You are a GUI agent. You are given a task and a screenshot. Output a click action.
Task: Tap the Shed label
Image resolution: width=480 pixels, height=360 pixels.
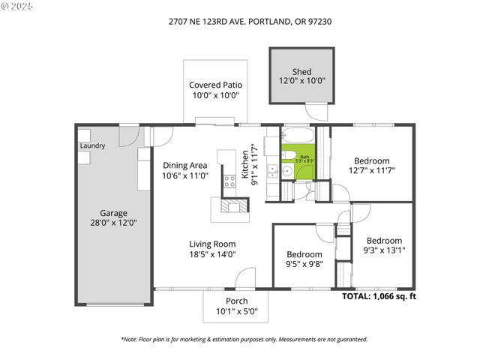[302, 72]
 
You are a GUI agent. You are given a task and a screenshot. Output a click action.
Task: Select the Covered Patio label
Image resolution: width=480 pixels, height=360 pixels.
[215, 85]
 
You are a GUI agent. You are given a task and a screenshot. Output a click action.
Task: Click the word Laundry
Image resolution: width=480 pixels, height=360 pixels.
[92, 145]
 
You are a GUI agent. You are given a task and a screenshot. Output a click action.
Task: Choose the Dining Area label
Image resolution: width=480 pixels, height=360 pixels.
[184, 166]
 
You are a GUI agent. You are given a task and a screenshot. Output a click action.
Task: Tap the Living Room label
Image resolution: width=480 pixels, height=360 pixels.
[212, 244]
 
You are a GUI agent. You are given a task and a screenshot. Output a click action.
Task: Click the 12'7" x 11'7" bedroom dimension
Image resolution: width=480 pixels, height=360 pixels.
[372, 170]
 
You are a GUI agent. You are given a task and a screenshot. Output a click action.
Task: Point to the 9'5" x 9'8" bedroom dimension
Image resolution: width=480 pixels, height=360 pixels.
[304, 263]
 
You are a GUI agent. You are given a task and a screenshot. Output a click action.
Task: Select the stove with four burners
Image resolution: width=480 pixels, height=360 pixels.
[229, 180]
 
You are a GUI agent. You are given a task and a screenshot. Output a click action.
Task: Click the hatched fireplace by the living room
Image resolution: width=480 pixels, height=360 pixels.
[235, 205]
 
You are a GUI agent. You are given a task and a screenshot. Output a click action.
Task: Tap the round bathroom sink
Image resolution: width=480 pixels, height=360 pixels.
[286, 171]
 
